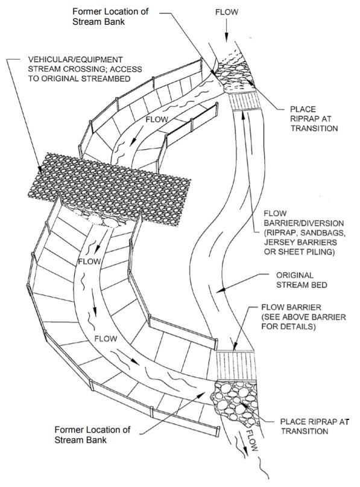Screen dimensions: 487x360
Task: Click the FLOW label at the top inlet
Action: click(232, 11)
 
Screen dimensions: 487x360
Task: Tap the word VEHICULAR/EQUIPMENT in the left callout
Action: click(73, 61)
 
